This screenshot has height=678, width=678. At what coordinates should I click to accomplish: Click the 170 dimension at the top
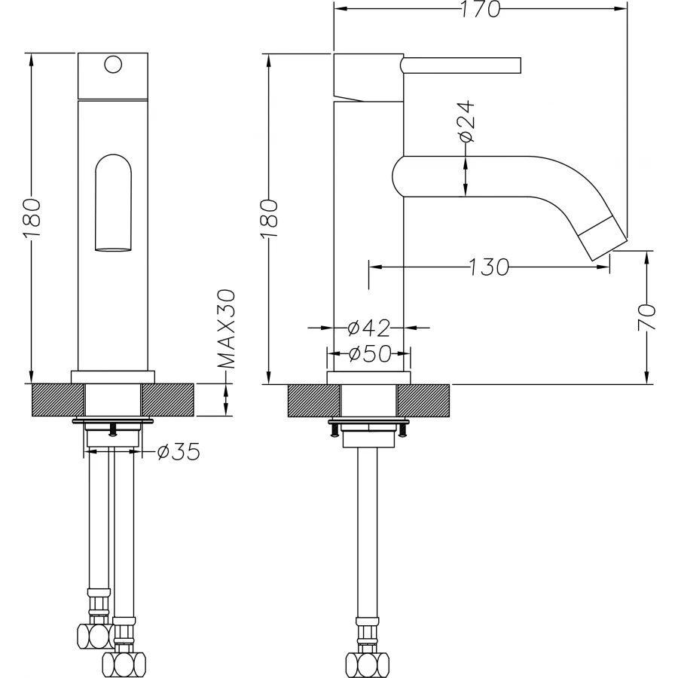click(481, 10)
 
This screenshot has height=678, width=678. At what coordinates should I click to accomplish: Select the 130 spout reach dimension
click(488, 267)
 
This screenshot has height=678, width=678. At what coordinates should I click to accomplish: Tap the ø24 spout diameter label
click(465, 121)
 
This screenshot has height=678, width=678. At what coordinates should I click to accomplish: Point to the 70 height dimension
click(646, 317)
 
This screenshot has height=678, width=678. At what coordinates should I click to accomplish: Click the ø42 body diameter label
click(369, 328)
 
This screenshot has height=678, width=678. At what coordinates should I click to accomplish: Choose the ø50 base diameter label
click(369, 353)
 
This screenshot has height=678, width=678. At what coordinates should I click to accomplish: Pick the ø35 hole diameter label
click(178, 452)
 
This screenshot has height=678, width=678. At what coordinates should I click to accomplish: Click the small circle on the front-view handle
click(113, 64)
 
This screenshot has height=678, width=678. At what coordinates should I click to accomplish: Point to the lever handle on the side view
click(461, 66)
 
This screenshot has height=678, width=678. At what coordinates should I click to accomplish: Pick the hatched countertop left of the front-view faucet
click(57, 399)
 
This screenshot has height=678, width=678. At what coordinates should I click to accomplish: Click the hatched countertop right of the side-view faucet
click(423, 399)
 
